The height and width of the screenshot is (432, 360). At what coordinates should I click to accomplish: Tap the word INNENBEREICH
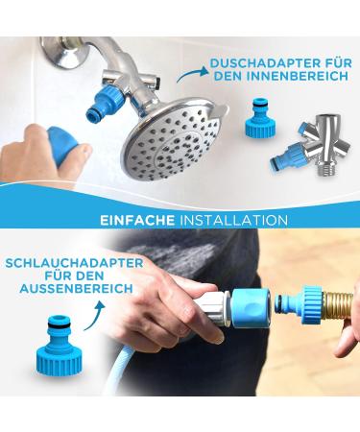(x=295, y=77)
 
